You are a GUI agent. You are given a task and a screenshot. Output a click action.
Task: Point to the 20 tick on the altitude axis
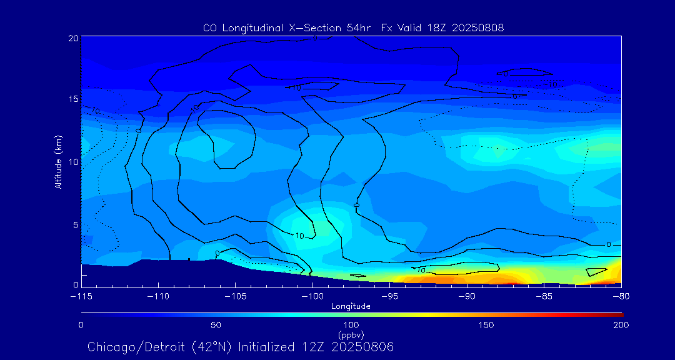pos(73,38)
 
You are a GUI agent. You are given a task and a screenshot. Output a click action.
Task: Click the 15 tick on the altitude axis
pos(73,99)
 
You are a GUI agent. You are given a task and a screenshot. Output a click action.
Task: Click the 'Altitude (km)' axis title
pos(58,162)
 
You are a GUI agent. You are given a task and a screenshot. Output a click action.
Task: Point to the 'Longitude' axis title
pos(351,306)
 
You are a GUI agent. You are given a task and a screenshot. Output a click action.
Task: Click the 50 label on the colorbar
pos(216,325)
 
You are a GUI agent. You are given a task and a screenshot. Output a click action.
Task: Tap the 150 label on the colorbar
pos(486,325)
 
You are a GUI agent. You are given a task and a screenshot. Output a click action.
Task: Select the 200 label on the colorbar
pos(621,325)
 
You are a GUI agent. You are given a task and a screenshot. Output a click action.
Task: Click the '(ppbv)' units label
pos(351,335)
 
